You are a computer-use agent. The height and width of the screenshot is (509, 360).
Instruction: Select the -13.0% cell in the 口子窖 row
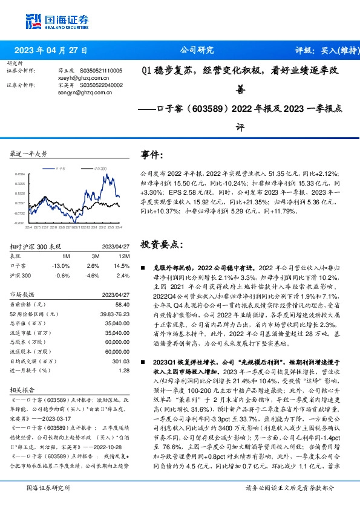coord(61,266)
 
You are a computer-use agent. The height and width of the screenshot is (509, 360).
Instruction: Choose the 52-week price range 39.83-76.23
coord(114,316)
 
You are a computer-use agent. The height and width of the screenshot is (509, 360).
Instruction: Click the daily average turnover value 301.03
coord(122,361)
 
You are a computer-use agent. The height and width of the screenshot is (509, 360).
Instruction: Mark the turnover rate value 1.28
coord(125,371)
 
